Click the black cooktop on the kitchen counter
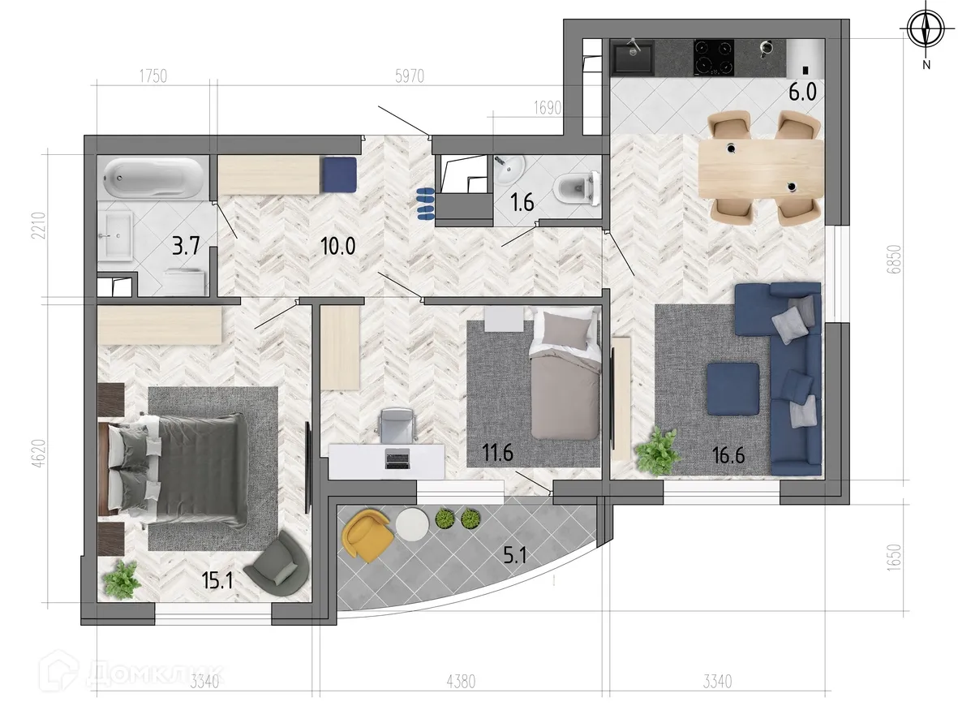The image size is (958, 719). click(714, 57)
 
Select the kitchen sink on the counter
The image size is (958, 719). click(634, 58)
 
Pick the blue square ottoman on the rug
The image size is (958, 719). click(732, 387)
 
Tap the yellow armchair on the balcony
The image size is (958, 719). click(367, 535)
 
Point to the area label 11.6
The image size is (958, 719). click(496, 453)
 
